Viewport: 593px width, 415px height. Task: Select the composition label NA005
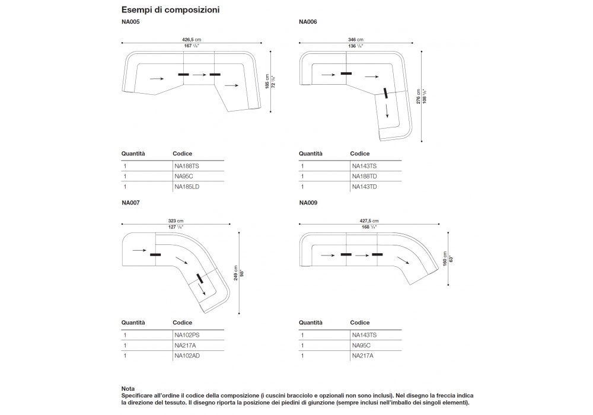click(x=130, y=23)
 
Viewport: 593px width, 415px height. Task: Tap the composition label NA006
click(x=308, y=23)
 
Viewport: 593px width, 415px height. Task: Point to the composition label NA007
click(x=130, y=203)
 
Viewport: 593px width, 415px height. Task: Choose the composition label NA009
click(x=308, y=203)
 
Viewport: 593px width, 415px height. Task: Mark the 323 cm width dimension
click(x=176, y=221)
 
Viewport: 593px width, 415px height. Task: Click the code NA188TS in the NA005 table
click(x=187, y=167)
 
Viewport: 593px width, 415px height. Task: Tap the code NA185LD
click(x=187, y=187)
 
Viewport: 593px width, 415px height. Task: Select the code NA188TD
click(x=365, y=177)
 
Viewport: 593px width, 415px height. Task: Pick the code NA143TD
click(x=365, y=187)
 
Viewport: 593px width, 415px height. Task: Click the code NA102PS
click(x=187, y=335)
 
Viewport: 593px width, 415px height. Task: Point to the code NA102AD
click(x=187, y=356)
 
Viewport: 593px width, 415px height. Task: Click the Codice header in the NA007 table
click(x=183, y=323)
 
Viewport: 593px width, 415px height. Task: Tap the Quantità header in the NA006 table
click(x=311, y=154)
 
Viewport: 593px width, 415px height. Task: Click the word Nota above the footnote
click(x=128, y=388)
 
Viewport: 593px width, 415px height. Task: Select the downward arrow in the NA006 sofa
click(x=388, y=112)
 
